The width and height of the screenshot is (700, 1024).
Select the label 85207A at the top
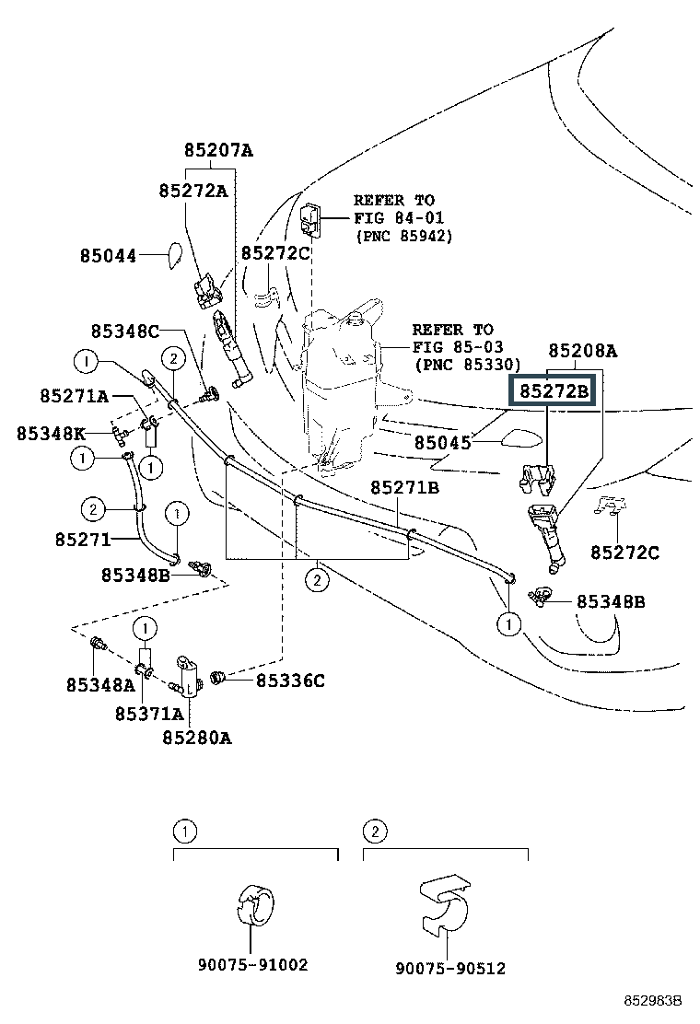tap(217, 151)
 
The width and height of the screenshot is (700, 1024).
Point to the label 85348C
tap(125, 331)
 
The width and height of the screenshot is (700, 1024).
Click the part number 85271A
tap(74, 396)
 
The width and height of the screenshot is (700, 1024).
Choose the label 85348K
tap(51, 433)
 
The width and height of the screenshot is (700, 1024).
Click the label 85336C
tap(290, 681)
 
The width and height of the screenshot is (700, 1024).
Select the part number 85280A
tap(197, 737)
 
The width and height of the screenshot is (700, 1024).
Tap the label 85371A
tap(149, 713)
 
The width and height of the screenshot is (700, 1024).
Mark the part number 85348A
tap(100, 684)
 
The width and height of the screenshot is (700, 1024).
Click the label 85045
tap(442, 443)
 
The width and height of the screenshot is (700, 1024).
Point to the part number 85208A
tap(582, 351)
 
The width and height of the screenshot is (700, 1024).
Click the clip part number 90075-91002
tap(252, 965)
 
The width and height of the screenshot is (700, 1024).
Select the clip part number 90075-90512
tap(450, 969)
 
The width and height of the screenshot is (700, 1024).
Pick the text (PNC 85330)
tap(467, 365)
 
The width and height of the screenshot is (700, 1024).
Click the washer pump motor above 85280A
tap(190, 677)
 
